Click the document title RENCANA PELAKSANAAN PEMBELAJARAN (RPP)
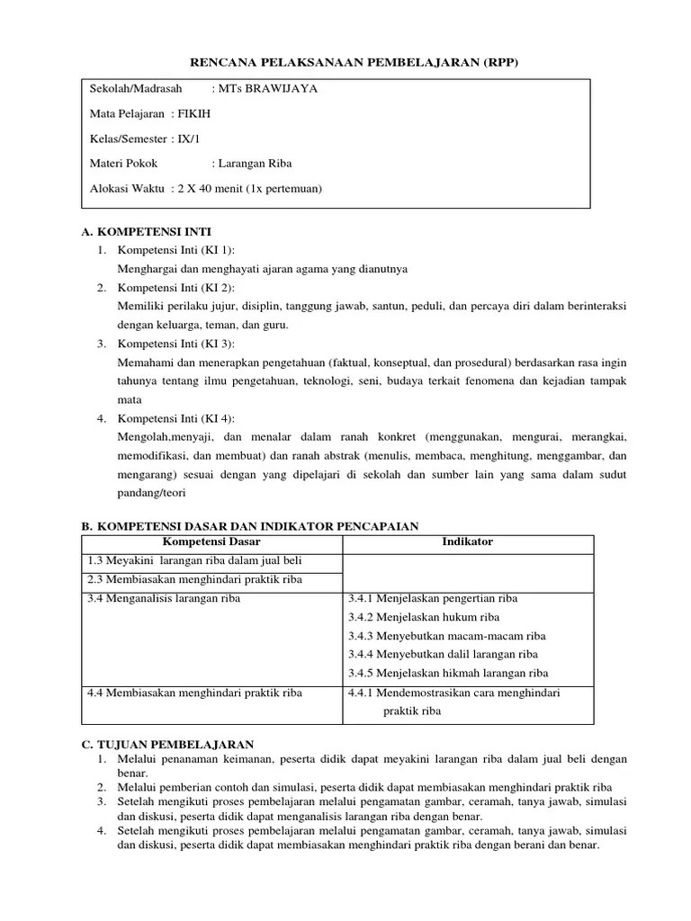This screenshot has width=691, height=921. (x=354, y=62)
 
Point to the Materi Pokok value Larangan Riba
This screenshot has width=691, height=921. (x=252, y=164)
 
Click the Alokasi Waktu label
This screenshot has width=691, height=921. (x=127, y=189)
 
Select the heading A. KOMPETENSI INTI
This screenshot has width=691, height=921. (x=147, y=231)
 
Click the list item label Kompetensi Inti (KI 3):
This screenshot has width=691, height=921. (x=175, y=344)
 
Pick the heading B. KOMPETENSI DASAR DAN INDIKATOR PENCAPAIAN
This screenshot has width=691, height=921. (x=250, y=526)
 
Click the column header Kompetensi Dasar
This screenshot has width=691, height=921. (x=211, y=542)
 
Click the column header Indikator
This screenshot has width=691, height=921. (x=467, y=542)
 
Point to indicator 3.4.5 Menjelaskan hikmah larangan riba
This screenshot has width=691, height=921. (x=447, y=673)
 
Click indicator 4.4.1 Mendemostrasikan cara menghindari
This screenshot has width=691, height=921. (x=453, y=693)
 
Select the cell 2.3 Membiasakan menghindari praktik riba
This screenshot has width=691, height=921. (x=194, y=580)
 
